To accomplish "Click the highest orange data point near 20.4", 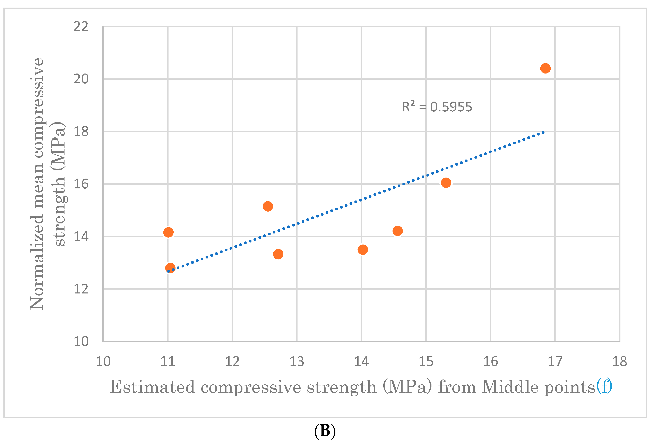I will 545,68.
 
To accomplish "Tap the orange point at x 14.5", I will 397,231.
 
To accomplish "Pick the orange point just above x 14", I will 362,249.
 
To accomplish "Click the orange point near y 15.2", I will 268,206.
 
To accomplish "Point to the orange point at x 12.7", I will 278,254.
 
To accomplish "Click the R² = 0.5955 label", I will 437,107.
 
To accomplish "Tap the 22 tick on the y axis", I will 81,26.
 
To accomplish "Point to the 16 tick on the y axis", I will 81,184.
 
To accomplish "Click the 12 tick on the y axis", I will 81,289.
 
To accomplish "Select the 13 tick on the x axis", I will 297,361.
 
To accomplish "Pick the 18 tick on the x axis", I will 619,361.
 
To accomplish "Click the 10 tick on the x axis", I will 103,361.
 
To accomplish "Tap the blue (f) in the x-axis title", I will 604,387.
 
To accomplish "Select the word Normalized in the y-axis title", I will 37,263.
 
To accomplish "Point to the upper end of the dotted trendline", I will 543,132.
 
